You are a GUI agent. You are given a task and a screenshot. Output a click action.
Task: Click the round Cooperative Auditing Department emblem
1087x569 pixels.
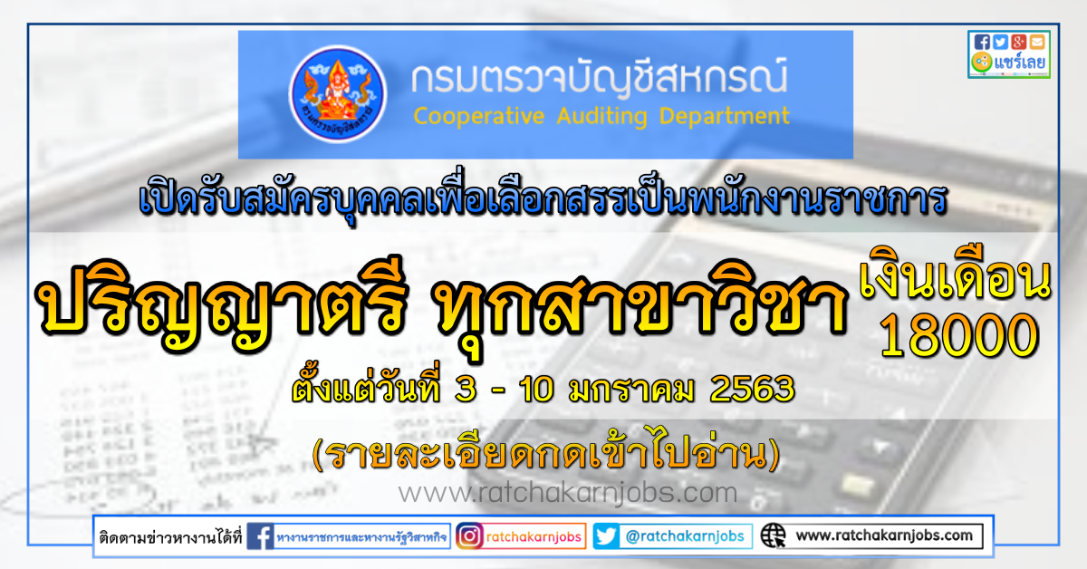[337, 93]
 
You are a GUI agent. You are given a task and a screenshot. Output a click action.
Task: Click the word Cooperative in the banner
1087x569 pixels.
[478, 117]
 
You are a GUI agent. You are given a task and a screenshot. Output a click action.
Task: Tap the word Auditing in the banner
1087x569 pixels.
[601, 117]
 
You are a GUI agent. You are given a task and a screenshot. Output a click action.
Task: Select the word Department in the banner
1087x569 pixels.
[724, 117]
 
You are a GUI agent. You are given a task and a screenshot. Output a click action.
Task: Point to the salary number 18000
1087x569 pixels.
[959, 335]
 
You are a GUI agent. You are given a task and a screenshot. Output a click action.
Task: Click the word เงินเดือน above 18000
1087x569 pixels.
[955, 275]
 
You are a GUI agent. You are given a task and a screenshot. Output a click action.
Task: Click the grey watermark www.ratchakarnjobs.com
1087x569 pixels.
[568, 493]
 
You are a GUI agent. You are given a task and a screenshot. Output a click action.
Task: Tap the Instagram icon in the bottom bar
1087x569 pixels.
[469, 536]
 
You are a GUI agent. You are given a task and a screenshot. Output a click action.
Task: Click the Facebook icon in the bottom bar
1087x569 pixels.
[260, 536]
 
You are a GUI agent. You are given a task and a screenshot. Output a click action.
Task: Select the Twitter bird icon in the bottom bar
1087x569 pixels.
[606, 536]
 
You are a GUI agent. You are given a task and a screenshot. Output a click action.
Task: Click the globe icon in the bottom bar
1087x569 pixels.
[773, 536]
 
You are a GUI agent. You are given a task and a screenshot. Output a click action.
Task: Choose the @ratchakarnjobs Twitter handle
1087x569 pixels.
[685, 536]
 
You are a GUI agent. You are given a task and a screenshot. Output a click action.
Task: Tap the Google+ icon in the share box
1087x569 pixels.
[1018, 43]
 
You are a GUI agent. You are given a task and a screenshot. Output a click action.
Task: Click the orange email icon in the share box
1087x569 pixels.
[1037, 43]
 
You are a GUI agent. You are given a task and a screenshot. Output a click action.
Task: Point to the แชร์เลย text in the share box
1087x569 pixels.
[1019, 63]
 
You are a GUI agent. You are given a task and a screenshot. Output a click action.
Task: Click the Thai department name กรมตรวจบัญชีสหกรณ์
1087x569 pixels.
[600, 78]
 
